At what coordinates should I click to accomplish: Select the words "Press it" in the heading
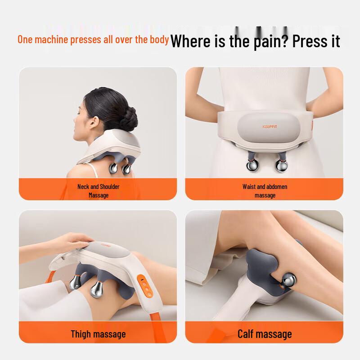(316, 41)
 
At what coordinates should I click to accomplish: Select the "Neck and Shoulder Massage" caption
(99, 191)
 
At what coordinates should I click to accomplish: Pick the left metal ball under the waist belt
(253, 165)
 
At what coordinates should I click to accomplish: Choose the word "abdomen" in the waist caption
(277, 187)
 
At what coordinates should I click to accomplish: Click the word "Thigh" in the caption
(83, 334)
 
